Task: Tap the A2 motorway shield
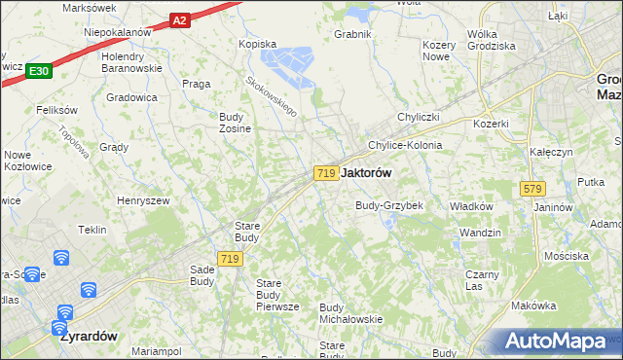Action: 178,18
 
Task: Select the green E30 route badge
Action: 39,71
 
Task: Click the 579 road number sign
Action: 531,189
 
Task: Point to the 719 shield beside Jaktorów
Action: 326,172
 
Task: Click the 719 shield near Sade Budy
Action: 230,258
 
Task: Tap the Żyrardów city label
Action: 88,336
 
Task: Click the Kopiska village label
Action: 258,44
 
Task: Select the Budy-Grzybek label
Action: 388,206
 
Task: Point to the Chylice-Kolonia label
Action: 404,145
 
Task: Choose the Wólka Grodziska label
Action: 491,40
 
